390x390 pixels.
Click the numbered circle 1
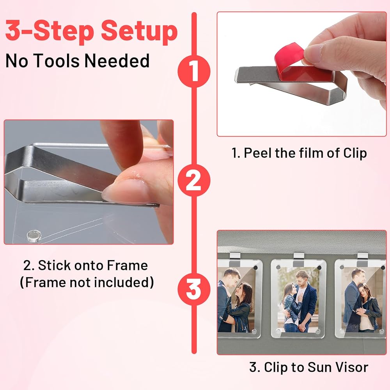(194, 71)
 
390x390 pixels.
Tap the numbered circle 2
(194, 181)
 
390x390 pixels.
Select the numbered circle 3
(194, 289)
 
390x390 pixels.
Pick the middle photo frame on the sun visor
(298, 298)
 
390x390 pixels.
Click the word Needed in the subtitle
(117, 61)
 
